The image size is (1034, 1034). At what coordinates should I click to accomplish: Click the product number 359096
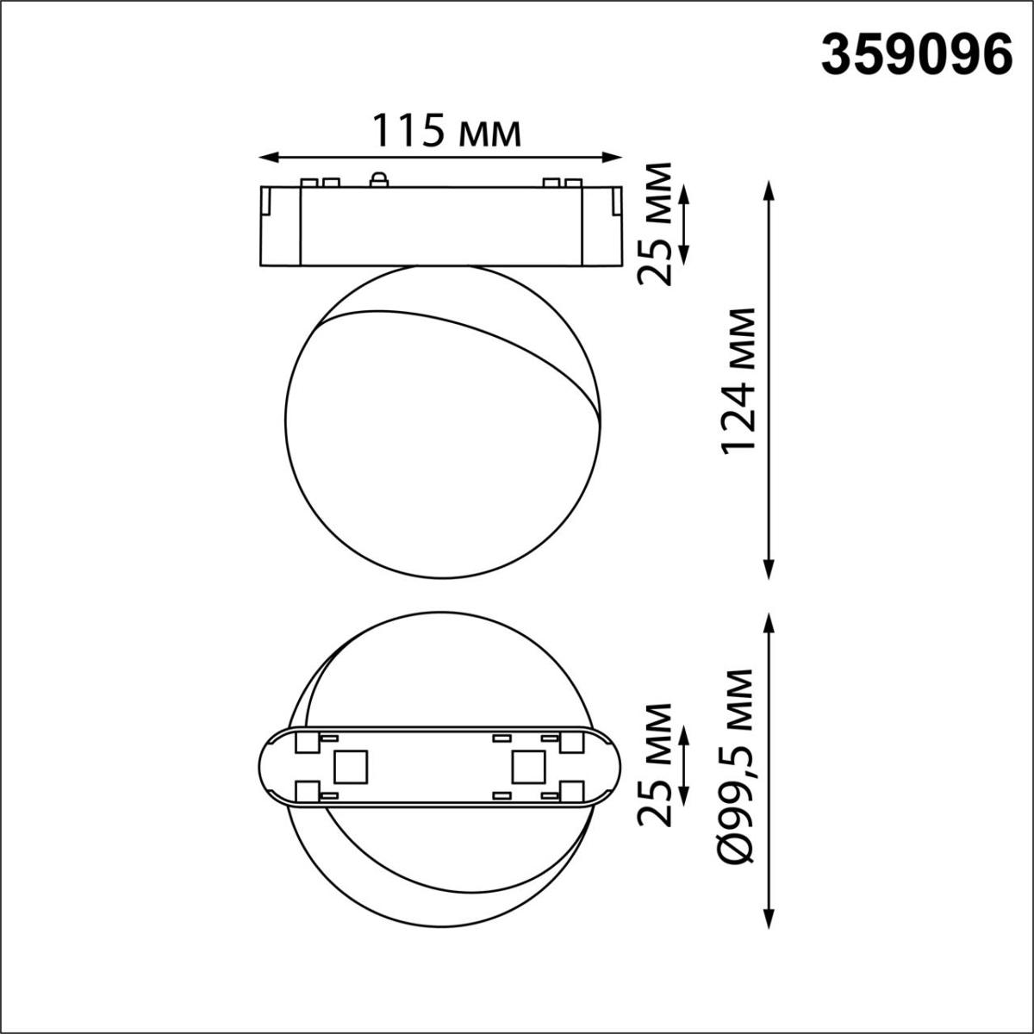point(916,57)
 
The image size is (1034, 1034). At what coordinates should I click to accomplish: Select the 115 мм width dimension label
point(445,132)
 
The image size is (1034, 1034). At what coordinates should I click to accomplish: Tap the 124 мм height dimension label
point(738,379)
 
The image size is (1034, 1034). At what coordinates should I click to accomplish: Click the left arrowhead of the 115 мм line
point(268,157)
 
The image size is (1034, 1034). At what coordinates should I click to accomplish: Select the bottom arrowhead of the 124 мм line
point(769,570)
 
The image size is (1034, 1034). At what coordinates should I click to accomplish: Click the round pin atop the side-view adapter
point(377,179)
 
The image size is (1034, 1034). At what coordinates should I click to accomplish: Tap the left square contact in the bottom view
point(351,766)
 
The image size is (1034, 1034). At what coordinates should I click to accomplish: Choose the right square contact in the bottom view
point(526,766)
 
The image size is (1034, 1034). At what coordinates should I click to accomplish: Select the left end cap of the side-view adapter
point(279,225)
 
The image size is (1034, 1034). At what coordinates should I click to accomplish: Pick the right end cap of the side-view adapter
point(601,225)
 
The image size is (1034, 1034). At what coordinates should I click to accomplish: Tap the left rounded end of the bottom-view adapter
point(274,765)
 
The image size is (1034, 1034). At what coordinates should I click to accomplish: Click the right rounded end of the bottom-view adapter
point(605,765)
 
